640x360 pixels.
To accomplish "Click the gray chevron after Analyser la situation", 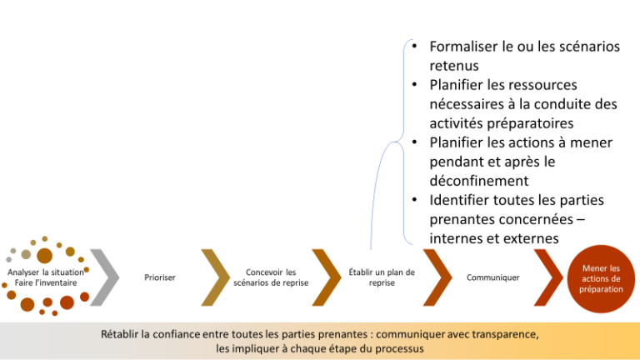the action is click(105, 277).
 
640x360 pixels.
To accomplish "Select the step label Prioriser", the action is click(160, 277).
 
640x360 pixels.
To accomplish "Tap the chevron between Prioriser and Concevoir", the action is click(217, 277).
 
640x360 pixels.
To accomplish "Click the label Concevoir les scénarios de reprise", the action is click(271, 277).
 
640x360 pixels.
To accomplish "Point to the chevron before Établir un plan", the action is click(327, 277).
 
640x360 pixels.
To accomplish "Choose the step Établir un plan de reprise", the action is click(382, 277).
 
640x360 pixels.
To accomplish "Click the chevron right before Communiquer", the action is click(438, 277).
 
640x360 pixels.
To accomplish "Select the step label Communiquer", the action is click(492, 277).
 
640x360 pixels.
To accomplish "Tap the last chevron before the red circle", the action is click(549, 277).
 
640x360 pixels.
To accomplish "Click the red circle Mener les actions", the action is click(601, 279).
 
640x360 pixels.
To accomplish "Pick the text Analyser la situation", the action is click(45, 272).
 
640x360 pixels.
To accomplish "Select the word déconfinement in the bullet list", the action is click(479, 181).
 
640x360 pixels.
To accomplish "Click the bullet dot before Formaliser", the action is click(414, 46).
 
